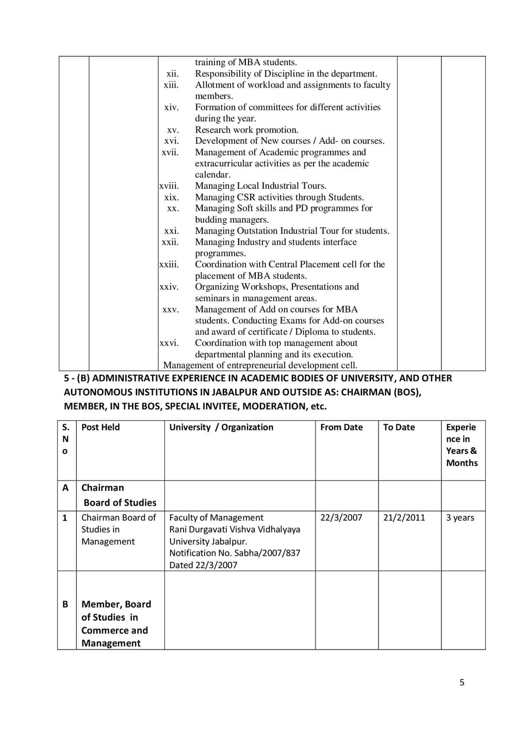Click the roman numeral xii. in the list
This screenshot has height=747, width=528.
pos(172,74)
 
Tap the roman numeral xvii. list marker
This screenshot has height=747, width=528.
pos(170,152)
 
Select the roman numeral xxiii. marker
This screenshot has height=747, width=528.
pos(169,264)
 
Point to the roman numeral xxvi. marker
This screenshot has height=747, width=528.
pos(169,343)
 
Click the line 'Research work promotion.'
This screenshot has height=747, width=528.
pos(246,130)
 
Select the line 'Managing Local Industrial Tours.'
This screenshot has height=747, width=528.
pos(260,186)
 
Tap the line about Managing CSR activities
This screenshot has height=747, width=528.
pos(279,197)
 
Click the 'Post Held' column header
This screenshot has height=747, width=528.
pos(101,427)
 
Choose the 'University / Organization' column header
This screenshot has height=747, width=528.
pos(221,427)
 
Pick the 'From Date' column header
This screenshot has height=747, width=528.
pos(341,427)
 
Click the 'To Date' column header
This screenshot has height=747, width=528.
pos(399,427)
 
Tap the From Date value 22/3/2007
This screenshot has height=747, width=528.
pos(341,518)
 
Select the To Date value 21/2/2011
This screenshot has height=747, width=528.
pos(404,518)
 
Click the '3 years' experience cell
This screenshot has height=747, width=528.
pos(460,518)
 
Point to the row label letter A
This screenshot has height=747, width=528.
pos(65,488)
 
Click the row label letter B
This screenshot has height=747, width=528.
pos(65,604)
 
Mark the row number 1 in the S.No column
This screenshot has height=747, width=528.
pos(65,518)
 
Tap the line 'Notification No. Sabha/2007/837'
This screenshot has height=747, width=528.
pos(235,553)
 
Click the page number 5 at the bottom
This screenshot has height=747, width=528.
pos(462,683)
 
